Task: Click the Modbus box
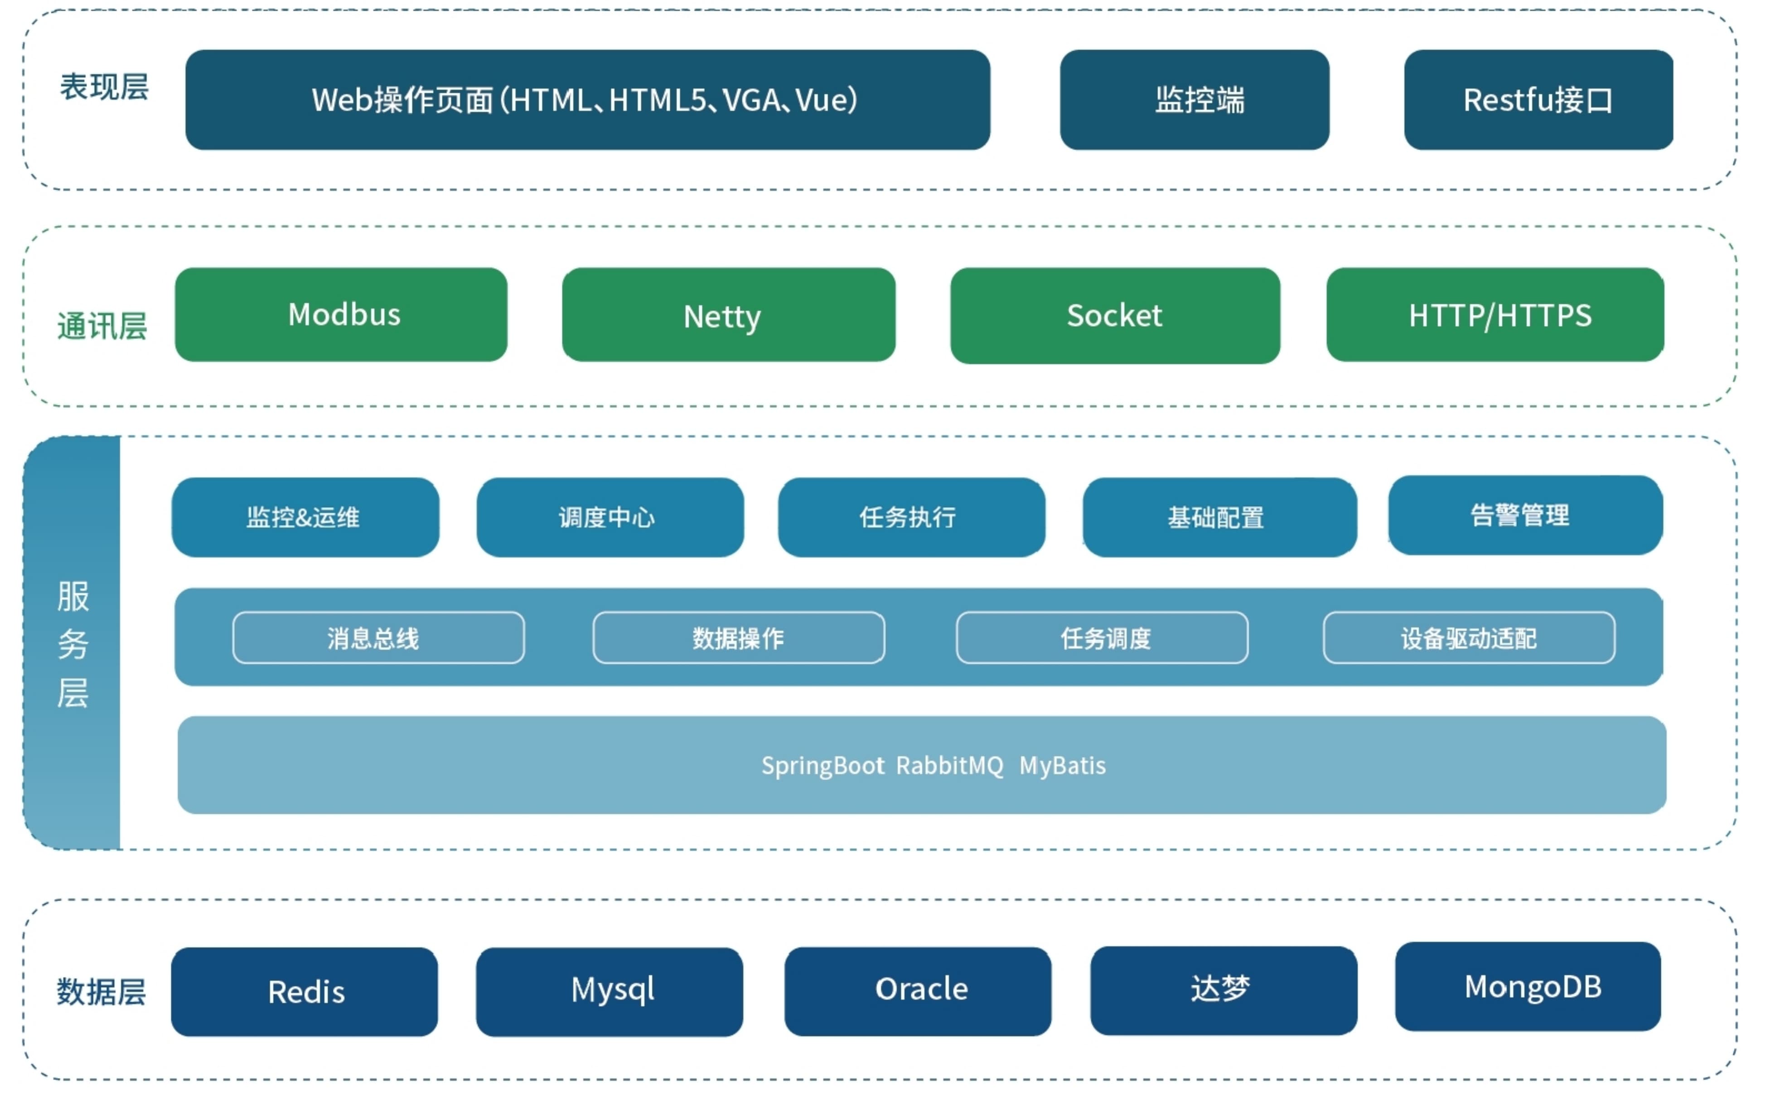pyautogui.click(x=341, y=314)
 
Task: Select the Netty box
pyautogui.click(x=728, y=314)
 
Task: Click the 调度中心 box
pyautogui.click(x=609, y=517)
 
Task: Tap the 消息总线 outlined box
pyautogui.click(x=378, y=638)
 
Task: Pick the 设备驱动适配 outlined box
pyautogui.click(x=1469, y=638)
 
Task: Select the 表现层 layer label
pyautogui.click(x=104, y=87)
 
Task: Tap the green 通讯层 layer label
pyautogui.click(x=102, y=326)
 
